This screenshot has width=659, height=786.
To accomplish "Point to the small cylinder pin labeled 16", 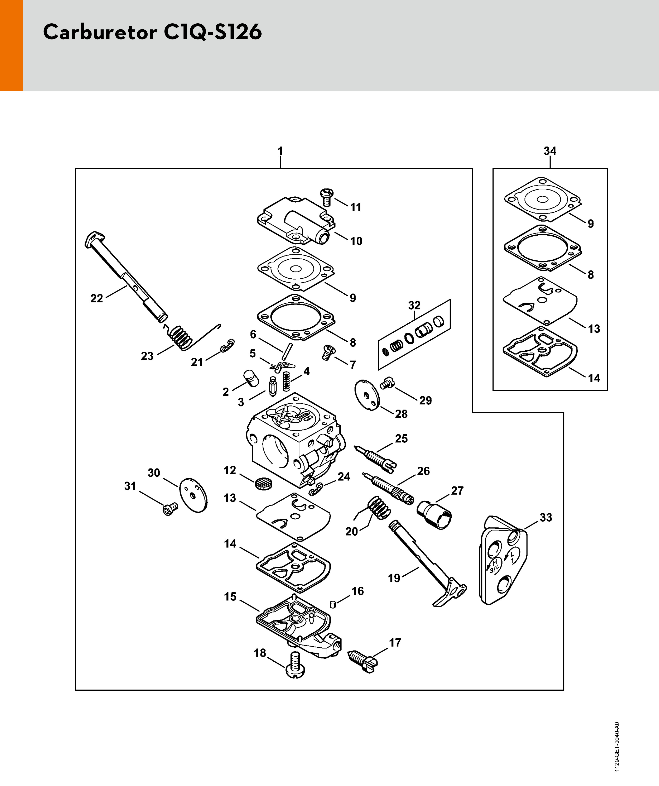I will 332,604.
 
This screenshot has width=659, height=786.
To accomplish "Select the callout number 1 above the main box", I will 280,151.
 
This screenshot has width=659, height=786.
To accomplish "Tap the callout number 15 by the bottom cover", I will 230,597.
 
